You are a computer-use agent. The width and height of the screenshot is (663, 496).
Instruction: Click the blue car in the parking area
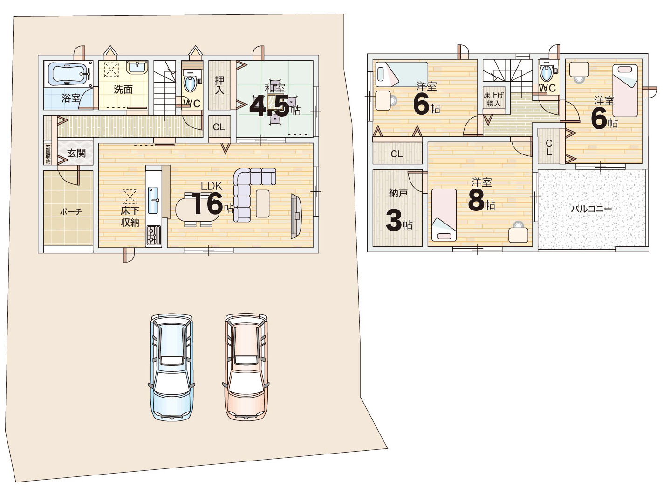[x=171, y=367]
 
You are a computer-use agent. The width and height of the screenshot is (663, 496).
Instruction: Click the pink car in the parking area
[x=246, y=367]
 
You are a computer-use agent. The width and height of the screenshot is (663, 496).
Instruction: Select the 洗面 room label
[x=123, y=90]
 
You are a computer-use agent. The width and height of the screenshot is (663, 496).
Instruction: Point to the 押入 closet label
[x=219, y=85]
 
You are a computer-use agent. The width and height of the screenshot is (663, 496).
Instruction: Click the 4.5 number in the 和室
[x=269, y=106]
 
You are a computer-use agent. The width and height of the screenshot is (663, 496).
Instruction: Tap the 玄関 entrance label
[x=76, y=153]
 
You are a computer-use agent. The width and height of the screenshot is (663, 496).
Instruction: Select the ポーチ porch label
[x=71, y=211]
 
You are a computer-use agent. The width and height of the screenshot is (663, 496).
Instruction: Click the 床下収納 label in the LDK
[x=130, y=217]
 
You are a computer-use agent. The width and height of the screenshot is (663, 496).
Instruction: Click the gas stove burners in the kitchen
[x=153, y=235]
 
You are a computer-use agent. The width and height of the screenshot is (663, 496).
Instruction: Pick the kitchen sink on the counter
[x=153, y=200]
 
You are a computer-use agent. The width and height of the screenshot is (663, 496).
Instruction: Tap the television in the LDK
[x=296, y=216]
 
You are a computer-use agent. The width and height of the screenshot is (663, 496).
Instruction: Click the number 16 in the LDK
[x=207, y=203]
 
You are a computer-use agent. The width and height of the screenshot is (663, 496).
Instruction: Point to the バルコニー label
[x=591, y=209]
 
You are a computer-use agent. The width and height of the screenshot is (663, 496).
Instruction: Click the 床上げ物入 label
[x=494, y=99]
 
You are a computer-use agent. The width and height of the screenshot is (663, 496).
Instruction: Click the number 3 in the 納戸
[x=394, y=221]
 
